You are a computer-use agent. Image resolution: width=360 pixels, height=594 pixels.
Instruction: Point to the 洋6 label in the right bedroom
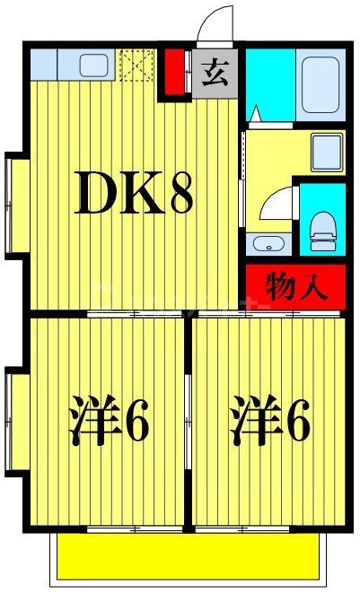269,421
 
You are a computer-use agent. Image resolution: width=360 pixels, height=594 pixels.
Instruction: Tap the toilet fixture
320,231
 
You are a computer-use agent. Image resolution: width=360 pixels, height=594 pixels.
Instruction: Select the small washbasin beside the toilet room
266,244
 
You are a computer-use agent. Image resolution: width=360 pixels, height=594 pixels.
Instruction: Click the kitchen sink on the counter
93,65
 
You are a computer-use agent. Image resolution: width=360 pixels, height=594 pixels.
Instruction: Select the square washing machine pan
324,147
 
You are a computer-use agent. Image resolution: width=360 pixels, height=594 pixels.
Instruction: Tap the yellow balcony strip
189,556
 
